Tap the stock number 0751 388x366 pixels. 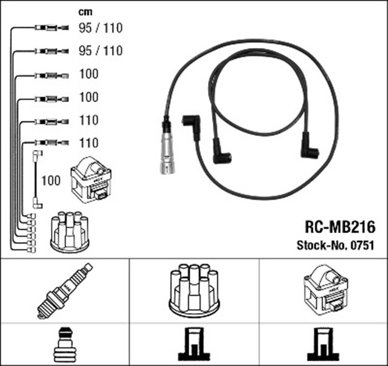(361, 246)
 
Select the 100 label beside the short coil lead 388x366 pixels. (51, 180)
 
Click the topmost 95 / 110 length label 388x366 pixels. (100, 27)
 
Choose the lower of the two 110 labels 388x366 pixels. (88, 143)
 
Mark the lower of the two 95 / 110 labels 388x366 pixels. (100, 50)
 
